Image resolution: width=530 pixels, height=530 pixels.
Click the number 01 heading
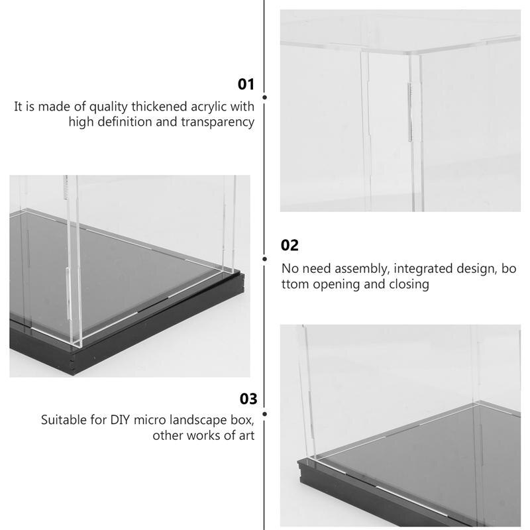[x=246, y=84]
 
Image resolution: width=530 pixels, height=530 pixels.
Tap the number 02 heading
[x=290, y=245]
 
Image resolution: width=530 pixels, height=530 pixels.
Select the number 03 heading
[x=248, y=399]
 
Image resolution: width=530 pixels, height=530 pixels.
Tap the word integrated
[x=411, y=269]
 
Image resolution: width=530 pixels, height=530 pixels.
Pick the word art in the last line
[x=246, y=436]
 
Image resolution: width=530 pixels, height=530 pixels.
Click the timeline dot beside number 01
[x=265, y=97]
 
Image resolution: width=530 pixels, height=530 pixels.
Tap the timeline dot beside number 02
[x=265, y=259]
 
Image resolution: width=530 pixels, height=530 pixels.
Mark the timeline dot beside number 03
[x=265, y=414]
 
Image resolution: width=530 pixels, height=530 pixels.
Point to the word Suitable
[x=64, y=420]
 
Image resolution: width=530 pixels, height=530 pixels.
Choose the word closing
[x=407, y=285]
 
